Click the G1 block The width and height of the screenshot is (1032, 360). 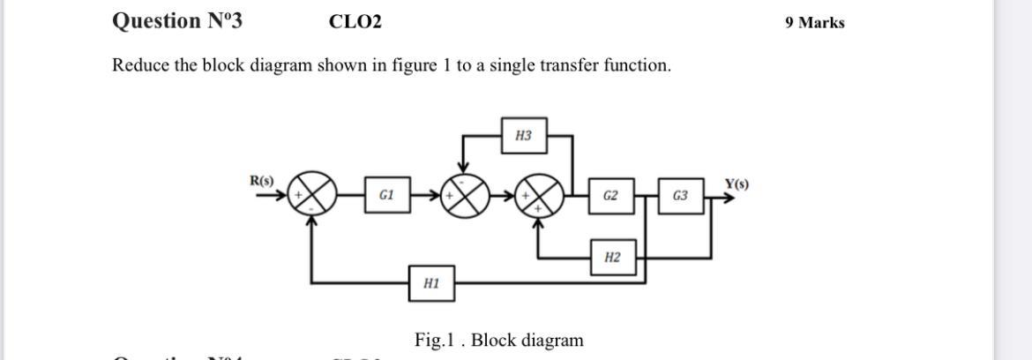click(x=386, y=195)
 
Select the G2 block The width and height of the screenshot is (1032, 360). click(x=610, y=195)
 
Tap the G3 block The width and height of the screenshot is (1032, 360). click(x=680, y=195)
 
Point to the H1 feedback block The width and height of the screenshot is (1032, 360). click(x=431, y=283)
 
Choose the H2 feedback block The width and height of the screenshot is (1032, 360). click(x=612, y=258)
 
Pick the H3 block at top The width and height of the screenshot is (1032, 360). click(x=523, y=136)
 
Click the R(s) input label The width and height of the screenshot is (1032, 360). click(x=262, y=181)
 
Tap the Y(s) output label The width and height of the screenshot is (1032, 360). click(x=737, y=184)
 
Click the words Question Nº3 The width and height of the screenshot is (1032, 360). click(x=177, y=21)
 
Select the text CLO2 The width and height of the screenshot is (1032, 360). click(x=355, y=22)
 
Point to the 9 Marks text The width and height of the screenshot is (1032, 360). click(x=814, y=23)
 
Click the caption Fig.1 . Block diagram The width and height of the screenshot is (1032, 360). click(x=499, y=341)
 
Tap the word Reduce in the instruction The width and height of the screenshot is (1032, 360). click(x=140, y=65)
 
